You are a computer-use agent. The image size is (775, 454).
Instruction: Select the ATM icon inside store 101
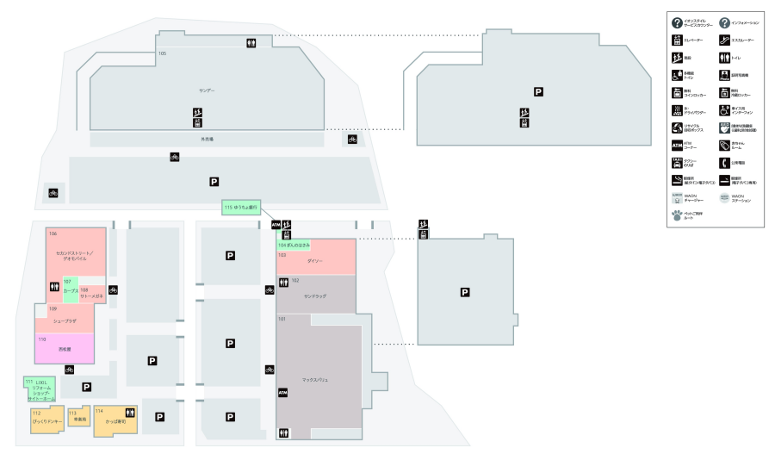(x=282, y=392)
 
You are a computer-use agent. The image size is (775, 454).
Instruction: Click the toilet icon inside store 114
(x=130, y=412)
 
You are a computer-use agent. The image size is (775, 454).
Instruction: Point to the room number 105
(x=162, y=53)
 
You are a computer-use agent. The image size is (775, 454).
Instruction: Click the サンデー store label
(x=207, y=90)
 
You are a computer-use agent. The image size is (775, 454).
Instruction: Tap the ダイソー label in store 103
(x=314, y=259)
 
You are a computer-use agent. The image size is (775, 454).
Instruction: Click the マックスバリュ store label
(x=315, y=379)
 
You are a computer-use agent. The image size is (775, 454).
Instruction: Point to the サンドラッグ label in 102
(x=315, y=295)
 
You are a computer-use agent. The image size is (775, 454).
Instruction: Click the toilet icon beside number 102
(x=282, y=282)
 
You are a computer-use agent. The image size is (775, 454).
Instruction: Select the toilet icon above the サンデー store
(x=251, y=43)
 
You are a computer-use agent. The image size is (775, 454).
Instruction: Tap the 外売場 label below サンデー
(x=207, y=138)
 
